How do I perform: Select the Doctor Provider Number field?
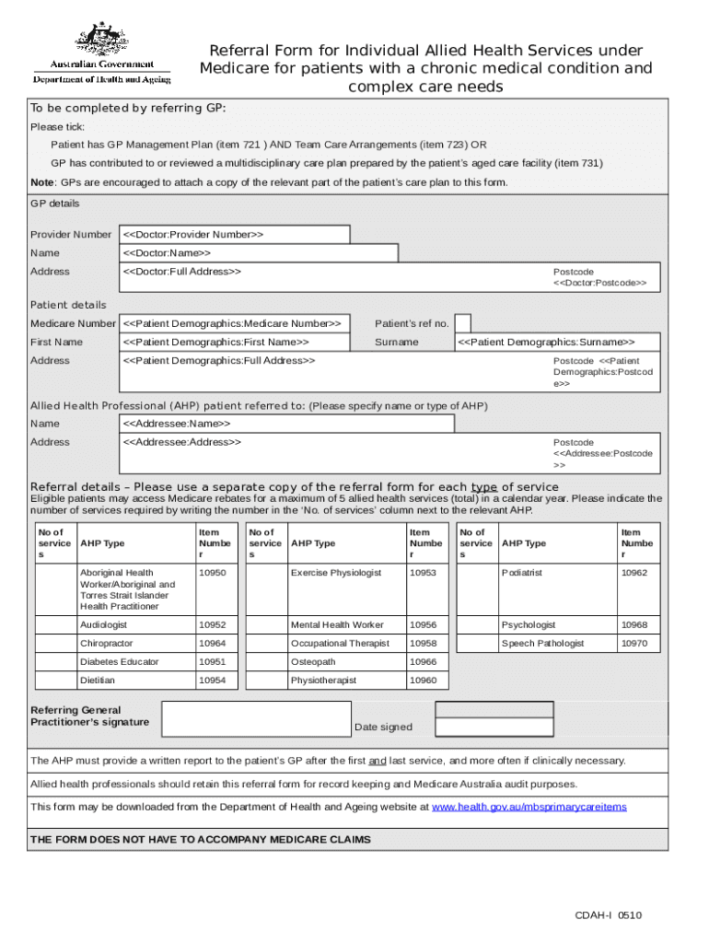[235, 235]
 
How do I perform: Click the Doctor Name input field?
[260, 253]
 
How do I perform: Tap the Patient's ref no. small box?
[463, 323]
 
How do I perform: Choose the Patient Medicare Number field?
[235, 323]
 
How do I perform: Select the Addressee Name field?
[286, 424]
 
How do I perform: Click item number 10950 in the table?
[212, 574]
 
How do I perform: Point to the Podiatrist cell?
[522, 574]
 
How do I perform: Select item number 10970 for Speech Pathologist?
[633, 644]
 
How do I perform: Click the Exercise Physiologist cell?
[335, 574]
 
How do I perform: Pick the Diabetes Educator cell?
[119, 662]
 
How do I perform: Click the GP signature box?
[256, 719]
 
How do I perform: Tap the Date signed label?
[383, 728]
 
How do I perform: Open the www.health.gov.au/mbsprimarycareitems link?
[529, 807]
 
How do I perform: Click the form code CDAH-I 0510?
[608, 915]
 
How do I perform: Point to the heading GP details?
[55, 204]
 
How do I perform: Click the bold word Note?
[42, 182]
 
